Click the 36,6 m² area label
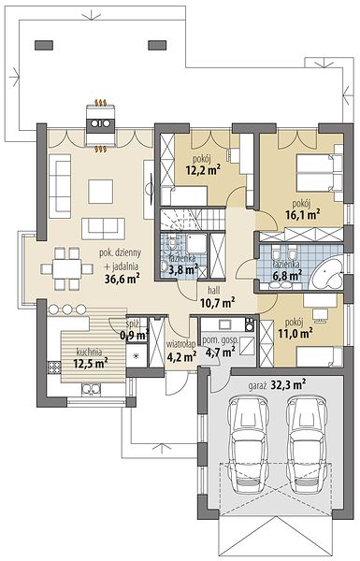122,279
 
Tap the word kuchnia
89,352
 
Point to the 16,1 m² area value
302,215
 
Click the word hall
215,291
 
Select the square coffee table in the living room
101,192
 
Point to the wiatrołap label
180,344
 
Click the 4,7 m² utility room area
221,352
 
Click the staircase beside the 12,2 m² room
193,219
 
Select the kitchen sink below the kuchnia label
92,390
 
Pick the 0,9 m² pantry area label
135,336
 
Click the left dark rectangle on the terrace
44,45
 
